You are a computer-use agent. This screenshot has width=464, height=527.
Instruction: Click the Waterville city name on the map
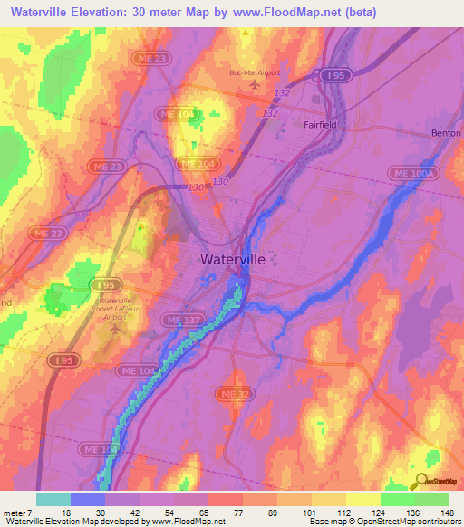pyautogui.click(x=233, y=259)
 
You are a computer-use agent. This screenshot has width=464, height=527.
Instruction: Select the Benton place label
pyautogui.click(x=446, y=133)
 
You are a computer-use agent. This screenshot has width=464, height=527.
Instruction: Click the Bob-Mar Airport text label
pyautogui.click(x=255, y=72)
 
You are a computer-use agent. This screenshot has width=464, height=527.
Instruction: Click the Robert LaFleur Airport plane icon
pyautogui.click(x=115, y=328)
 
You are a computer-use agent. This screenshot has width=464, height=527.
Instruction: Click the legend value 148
pyautogui.click(x=446, y=512)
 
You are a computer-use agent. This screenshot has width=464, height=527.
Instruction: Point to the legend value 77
pyautogui.click(x=239, y=512)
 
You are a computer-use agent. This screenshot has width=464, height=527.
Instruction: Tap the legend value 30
pyautogui.click(x=101, y=512)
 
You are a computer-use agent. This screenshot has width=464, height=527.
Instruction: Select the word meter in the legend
pyautogui.click(x=15, y=512)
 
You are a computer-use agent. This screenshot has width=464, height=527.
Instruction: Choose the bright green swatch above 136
pyautogui.click(x=398, y=499)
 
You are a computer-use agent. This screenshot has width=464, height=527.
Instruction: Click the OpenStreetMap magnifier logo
pyautogui.click(x=420, y=482)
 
